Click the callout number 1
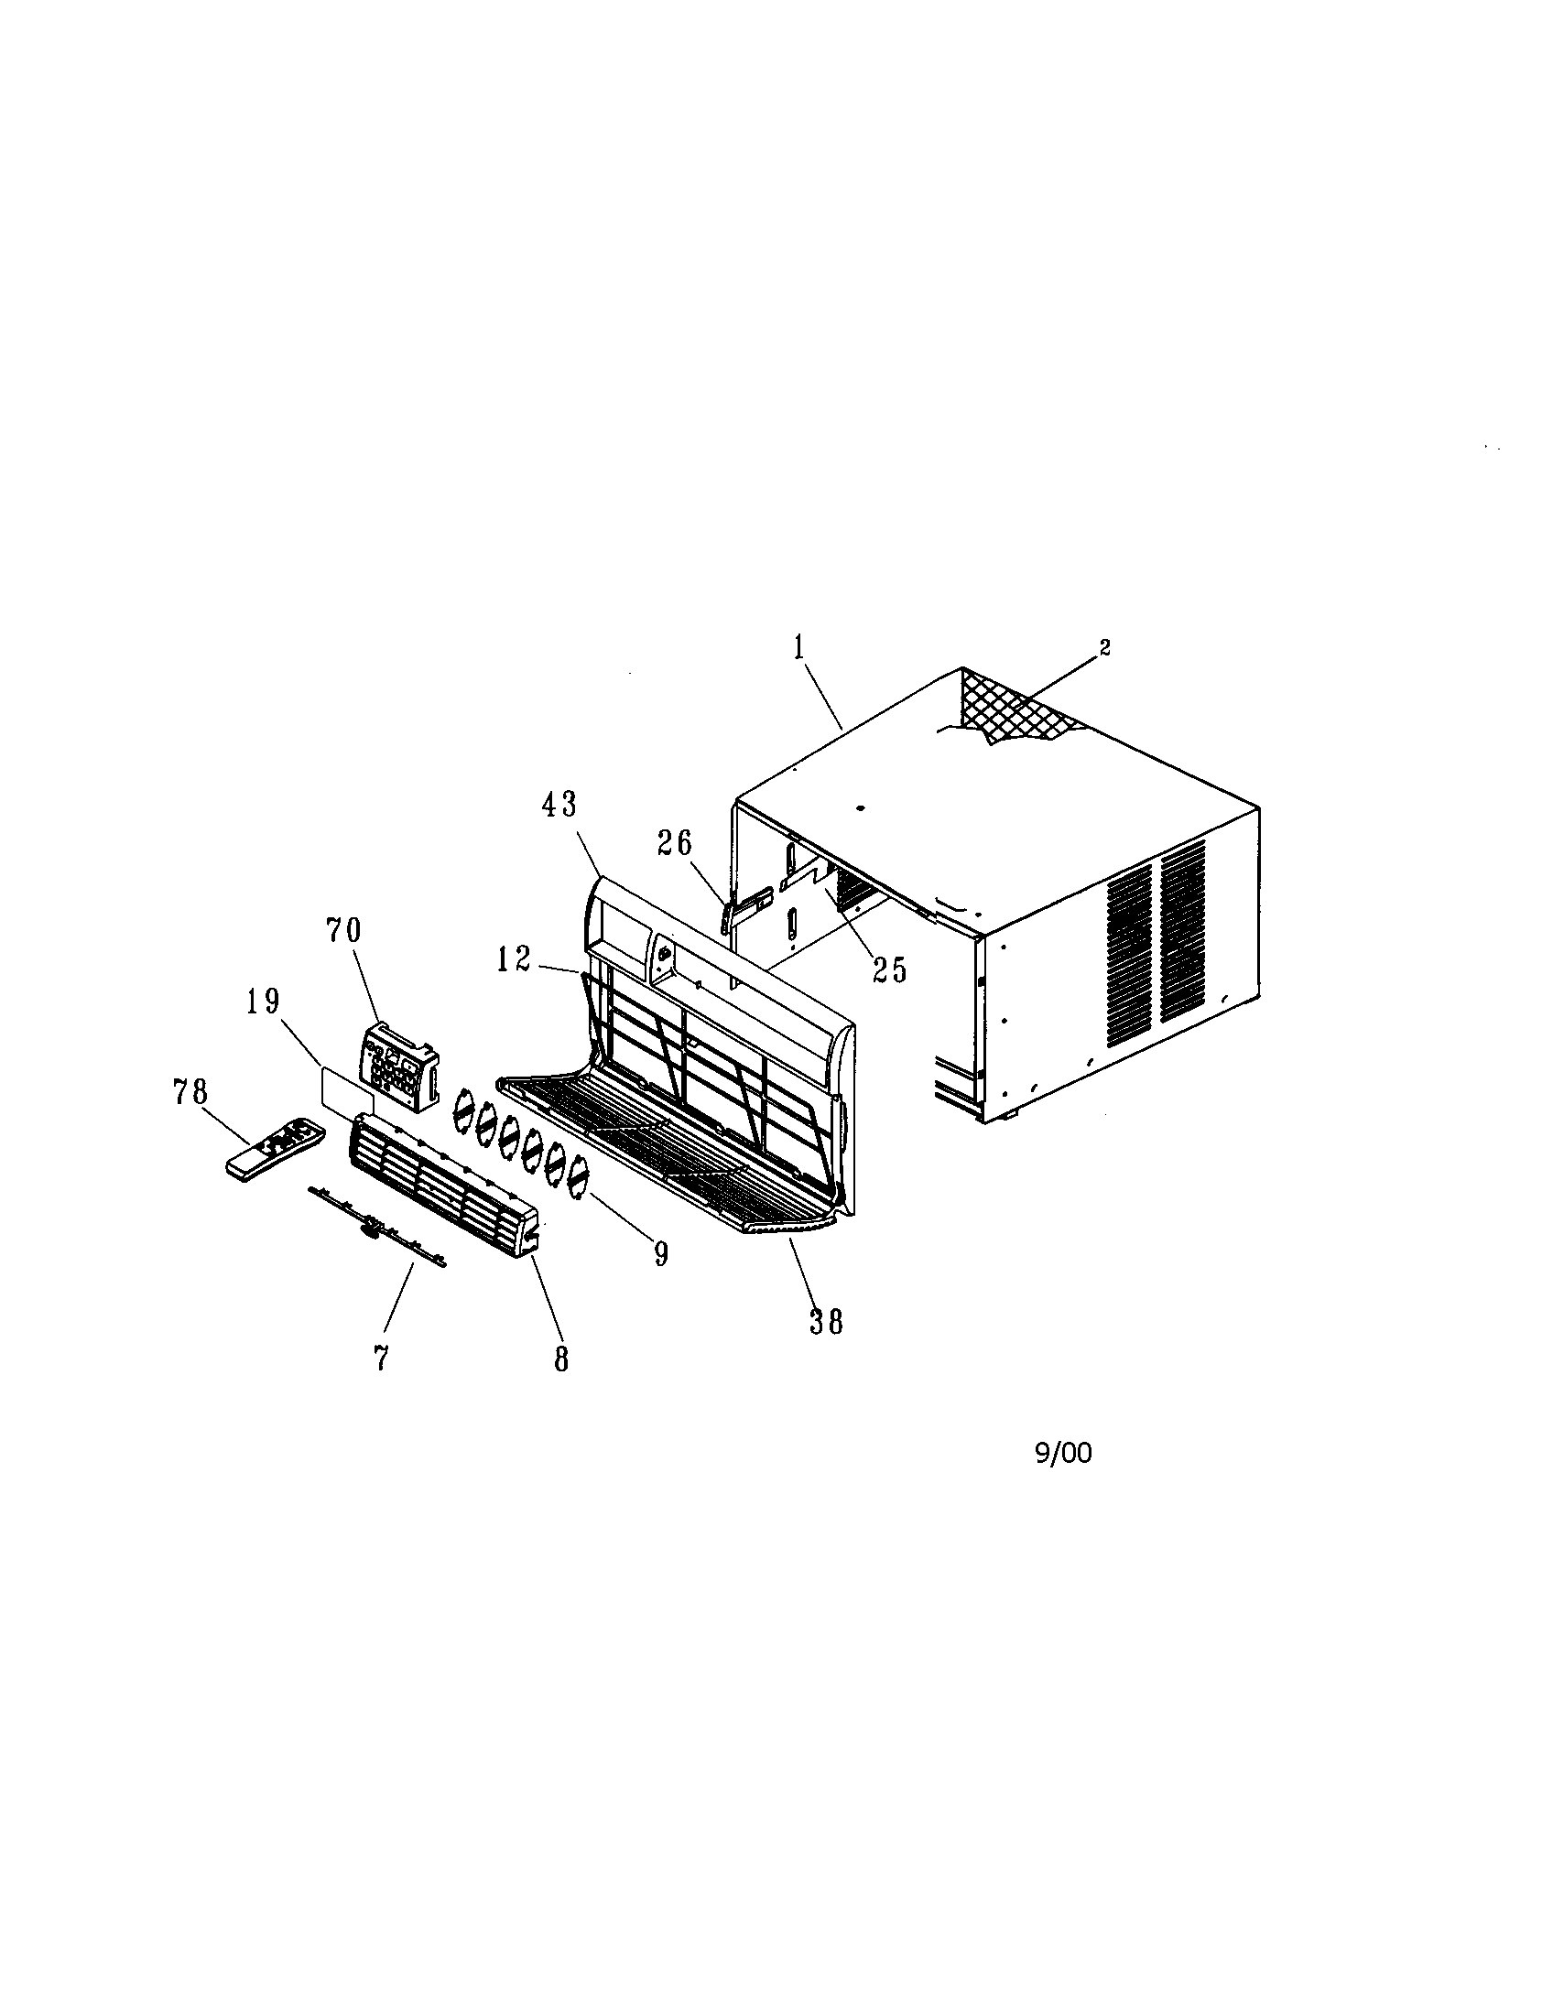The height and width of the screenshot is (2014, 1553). coord(798,648)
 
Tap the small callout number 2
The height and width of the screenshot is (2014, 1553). coord(1105,647)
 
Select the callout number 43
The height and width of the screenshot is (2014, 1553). coord(559,805)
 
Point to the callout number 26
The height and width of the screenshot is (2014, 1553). coord(674,843)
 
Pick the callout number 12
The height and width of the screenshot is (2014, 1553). coord(513,960)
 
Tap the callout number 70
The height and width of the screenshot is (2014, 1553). coord(342,930)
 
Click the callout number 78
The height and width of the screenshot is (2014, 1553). coord(190,1093)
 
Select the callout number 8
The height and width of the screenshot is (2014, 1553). coord(561,1360)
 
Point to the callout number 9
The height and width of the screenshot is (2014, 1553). coord(660,1254)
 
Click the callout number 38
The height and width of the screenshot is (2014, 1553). coord(825,1323)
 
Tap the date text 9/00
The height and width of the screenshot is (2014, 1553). coord(1063,1455)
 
